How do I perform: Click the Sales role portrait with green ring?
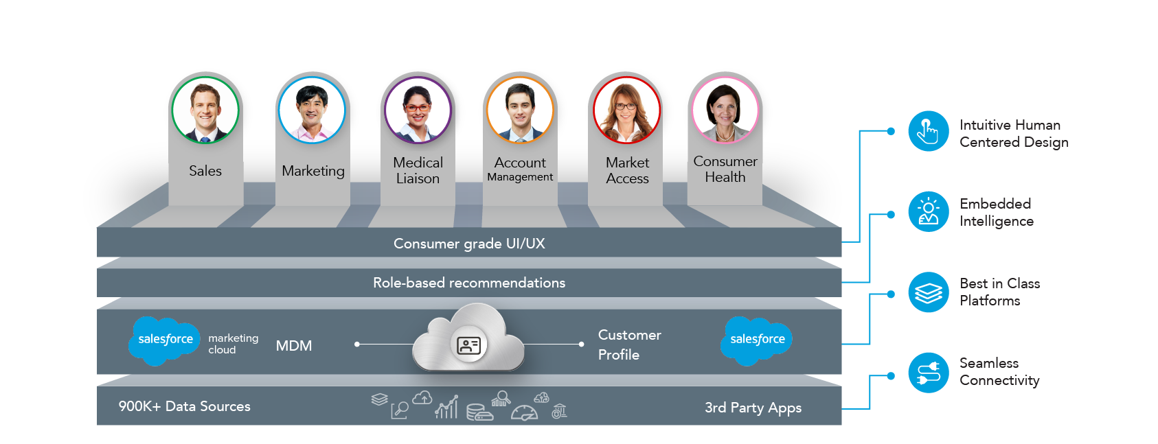205,109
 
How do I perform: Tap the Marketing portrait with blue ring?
312,109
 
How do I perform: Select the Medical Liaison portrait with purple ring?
418,109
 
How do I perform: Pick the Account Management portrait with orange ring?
520,109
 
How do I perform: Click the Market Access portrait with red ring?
626,109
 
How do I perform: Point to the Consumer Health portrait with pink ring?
725,109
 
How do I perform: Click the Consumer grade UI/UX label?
469,244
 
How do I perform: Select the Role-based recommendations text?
469,283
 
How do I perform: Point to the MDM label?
294,346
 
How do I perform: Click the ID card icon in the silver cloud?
469,345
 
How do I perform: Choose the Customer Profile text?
629,345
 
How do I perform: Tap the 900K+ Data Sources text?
185,406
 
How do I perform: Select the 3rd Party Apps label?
753,408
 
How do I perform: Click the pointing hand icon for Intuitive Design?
929,131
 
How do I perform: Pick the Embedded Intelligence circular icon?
929,211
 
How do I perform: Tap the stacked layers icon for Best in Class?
929,292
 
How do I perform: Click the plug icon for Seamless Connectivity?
929,373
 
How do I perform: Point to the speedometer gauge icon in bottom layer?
524,413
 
